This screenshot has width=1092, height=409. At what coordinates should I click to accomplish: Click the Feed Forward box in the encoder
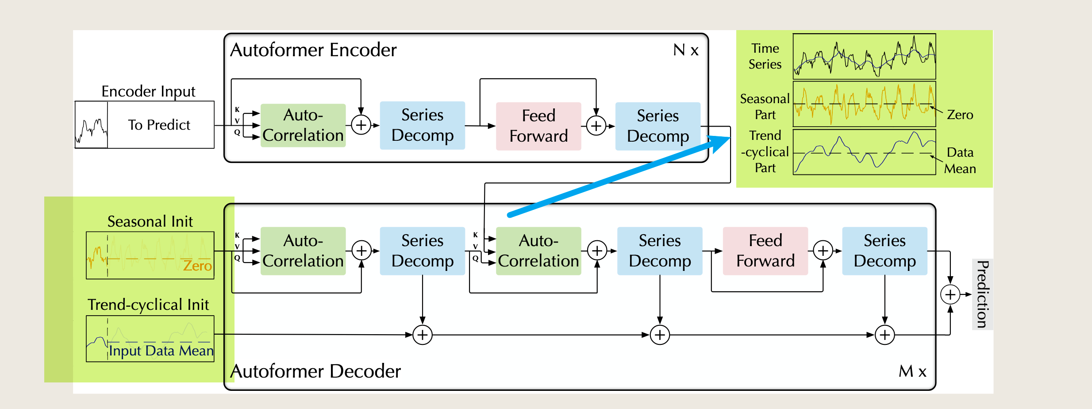point(538,126)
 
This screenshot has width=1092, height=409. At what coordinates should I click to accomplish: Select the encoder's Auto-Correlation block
point(303,125)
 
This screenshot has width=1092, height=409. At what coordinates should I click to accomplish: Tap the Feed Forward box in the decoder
point(765,251)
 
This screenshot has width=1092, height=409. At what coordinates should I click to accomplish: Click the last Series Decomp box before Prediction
point(884,251)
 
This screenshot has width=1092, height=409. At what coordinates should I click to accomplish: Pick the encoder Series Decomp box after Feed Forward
point(658,126)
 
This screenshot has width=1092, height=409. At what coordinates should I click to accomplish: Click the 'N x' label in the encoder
point(686,50)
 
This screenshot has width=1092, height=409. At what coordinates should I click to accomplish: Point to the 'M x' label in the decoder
point(912,371)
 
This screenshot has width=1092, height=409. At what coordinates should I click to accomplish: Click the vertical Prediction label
point(982,294)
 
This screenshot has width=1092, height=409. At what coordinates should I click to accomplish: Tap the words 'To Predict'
point(159,125)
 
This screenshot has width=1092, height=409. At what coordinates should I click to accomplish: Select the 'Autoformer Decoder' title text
point(315,371)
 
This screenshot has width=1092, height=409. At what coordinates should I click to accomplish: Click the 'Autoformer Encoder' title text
point(313,50)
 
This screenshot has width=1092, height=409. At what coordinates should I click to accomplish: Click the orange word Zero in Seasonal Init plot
point(197,266)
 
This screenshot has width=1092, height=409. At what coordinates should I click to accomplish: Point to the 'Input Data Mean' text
point(161,351)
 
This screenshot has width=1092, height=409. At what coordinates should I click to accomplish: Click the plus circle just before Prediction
point(950,294)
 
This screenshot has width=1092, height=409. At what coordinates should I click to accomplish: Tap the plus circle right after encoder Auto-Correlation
point(361,125)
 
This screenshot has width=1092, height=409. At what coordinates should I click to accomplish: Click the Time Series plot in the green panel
point(864,56)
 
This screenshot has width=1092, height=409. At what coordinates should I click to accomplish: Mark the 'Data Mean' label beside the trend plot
point(960,160)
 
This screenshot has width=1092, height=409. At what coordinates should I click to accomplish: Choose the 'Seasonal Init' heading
point(150,221)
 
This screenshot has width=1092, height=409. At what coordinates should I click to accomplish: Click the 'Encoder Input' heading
point(148,92)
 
